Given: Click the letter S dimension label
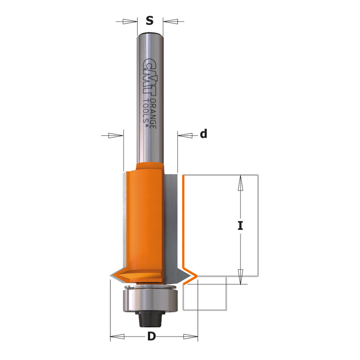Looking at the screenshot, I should tap(150, 21).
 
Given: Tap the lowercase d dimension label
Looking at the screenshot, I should tap(203, 134).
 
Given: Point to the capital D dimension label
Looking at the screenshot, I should tap(152, 336).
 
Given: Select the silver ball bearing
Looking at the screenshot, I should tap(150, 300).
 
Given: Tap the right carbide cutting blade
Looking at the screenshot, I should tap(171, 224).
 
